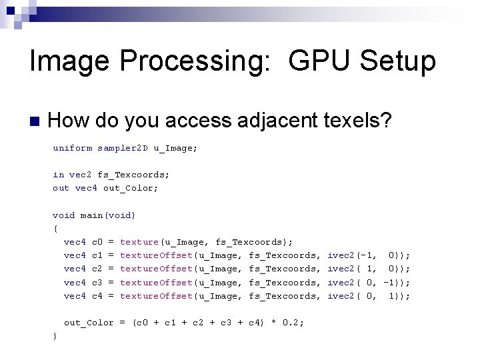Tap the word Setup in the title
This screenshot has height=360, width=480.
tap(397, 61)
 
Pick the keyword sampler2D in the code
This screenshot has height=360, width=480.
tap(122, 148)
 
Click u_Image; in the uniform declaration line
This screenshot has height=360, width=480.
tap(175, 148)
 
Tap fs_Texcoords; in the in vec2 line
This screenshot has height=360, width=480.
tap(133, 175)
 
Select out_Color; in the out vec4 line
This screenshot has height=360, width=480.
tap(131, 188)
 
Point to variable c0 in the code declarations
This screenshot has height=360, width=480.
tap(97, 242)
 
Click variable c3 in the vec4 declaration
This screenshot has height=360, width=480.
tap(97, 283)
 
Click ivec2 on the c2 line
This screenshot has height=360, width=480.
tap(341, 269)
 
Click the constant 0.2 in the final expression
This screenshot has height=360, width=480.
tap(292, 323)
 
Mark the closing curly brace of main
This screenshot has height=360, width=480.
tap(55, 336)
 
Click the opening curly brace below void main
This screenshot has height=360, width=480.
tap(55, 229)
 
